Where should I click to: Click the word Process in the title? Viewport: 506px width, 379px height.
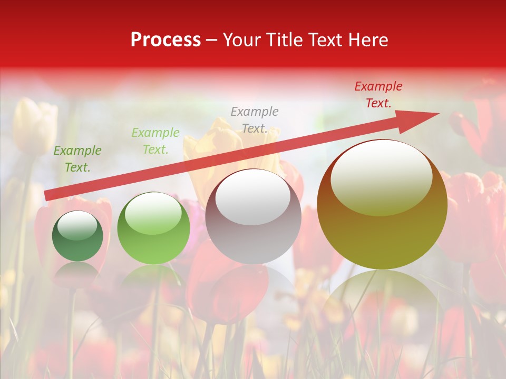tap(166, 40)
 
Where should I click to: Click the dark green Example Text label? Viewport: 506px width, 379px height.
tap(77, 159)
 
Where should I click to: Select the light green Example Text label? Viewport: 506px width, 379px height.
tap(155, 141)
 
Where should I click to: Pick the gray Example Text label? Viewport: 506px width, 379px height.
tap(255, 119)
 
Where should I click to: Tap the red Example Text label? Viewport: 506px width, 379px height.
tap(378, 95)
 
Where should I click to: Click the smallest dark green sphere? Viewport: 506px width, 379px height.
tap(77, 236)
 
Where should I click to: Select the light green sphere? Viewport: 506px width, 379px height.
tap(153, 228)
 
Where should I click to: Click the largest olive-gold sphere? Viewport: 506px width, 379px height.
tap(382, 205)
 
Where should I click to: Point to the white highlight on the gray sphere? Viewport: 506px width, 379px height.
tap(253, 197)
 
